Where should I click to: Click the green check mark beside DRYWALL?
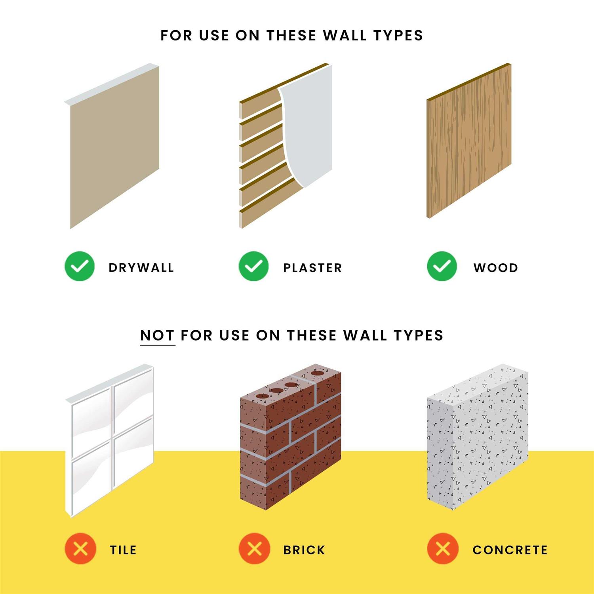point(80,266)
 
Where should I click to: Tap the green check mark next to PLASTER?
point(254,266)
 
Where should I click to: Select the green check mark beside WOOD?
point(442,266)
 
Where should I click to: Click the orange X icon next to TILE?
point(80,549)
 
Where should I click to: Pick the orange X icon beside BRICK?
point(254,549)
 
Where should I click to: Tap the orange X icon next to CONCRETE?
point(443,549)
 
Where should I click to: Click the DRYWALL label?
point(141,268)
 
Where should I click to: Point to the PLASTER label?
point(312,268)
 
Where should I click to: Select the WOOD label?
point(496,268)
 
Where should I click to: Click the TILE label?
point(123,550)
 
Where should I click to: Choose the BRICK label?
point(304,550)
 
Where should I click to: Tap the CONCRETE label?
point(510,550)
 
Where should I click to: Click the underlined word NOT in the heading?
point(157,336)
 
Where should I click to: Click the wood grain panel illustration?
point(469,141)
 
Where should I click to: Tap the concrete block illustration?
point(478,437)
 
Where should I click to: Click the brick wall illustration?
point(291,437)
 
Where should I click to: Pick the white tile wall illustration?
point(110,441)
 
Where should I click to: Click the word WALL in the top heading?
point(345,36)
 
